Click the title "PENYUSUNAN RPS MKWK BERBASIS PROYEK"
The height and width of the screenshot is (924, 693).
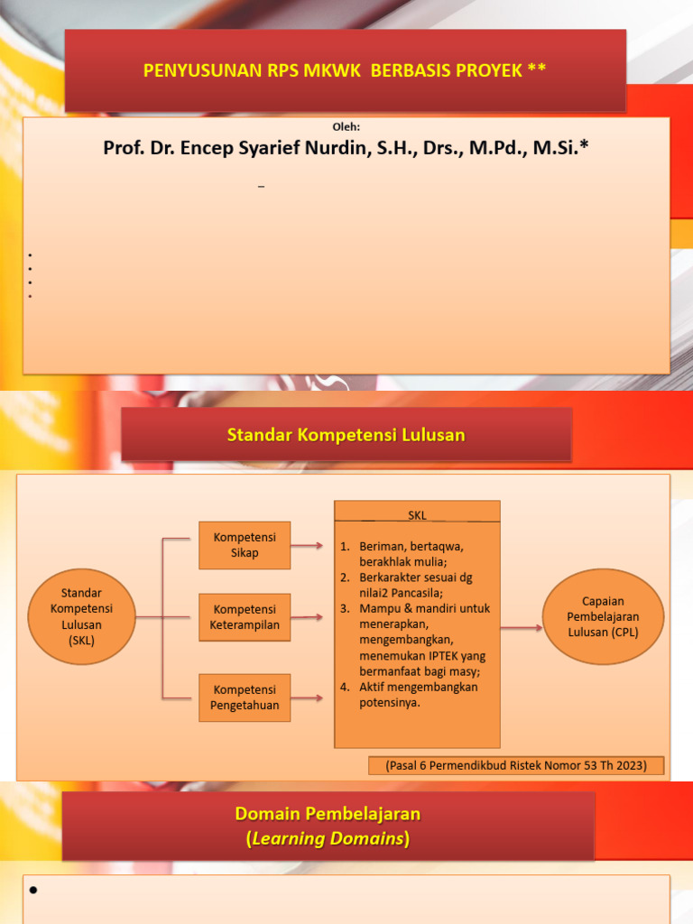(345, 70)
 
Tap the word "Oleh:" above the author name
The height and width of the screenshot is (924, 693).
(346, 127)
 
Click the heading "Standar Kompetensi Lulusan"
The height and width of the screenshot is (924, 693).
(346, 435)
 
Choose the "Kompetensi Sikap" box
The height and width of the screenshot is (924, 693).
(245, 545)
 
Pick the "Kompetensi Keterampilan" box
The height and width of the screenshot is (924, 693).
(245, 617)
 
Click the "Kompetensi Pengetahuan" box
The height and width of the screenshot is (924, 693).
(245, 698)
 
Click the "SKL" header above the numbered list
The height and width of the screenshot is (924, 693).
(417, 514)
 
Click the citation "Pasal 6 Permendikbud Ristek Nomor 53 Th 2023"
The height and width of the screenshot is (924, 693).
(516, 765)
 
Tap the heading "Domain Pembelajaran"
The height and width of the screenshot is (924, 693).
(328, 813)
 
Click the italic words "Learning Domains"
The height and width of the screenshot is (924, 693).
(328, 839)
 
